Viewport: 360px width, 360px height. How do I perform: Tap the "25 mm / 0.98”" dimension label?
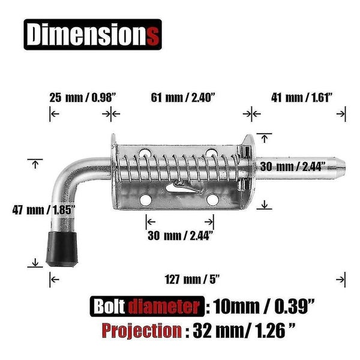point(83,98)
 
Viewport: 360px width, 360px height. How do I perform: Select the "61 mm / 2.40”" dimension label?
point(183,98)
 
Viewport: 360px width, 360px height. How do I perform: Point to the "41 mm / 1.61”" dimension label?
point(302,98)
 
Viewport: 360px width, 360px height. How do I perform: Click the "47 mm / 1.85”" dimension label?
point(44,210)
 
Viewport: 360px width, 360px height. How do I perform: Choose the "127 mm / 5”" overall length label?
point(193,280)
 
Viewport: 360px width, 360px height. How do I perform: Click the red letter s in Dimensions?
point(152,36)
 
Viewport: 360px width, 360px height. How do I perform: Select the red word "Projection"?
point(142,331)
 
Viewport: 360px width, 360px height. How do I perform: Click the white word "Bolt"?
point(109,306)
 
